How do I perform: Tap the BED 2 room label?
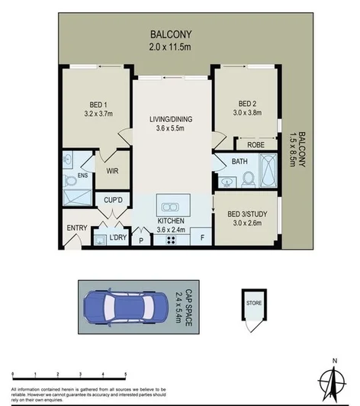pos(246,105)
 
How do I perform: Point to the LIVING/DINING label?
pos(171,119)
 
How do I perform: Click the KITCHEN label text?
pos(171,221)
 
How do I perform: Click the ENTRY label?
pos(77,228)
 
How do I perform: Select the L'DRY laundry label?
pos(117,238)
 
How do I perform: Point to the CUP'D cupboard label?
pos(114,200)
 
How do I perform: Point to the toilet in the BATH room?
pos(248,179)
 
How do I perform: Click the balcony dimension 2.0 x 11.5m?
pos(170,46)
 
